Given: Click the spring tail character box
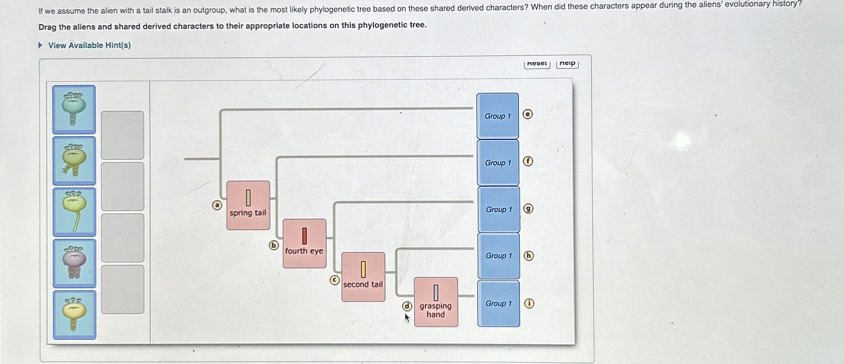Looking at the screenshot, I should (x=248, y=205).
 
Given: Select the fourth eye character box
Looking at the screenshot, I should (x=304, y=244).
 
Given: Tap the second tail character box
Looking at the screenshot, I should (x=363, y=277).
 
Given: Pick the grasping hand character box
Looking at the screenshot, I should (x=436, y=302).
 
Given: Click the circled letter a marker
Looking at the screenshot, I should (x=217, y=205).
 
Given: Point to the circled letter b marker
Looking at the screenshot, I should (x=274, y=245).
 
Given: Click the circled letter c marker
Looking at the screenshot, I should (x=335, y=280).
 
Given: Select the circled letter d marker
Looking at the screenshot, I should (x=407, y=306).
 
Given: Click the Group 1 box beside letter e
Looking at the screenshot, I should (x=498, y=116).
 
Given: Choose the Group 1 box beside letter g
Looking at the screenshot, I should (x=499, y=209).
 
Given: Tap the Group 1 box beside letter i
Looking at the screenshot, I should (x=498, y=303).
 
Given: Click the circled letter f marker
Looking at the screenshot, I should (x=528, y=161).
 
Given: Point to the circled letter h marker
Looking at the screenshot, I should (x=529, y=256).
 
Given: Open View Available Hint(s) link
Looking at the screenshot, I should (x=89, y=45).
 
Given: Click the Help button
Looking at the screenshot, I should (x=567, y=63).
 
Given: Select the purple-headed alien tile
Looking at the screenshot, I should (x=74, y=263).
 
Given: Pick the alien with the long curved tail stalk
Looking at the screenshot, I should (x=74, y=212).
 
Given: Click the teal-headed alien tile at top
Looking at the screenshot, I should (x=74, y=109).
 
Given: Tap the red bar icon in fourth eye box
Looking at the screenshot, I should (x=304, y=236).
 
